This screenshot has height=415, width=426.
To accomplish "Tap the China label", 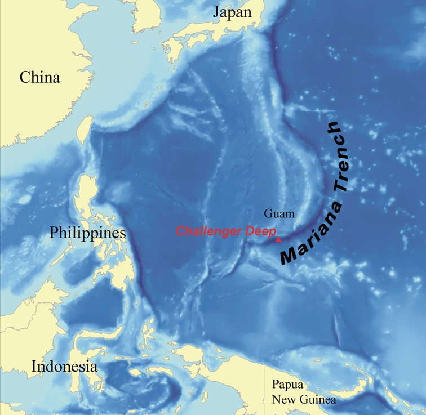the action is pyautogui.click(x=40, y=77).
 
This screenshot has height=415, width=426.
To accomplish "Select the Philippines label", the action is pyautogui.click(x=87, y=232).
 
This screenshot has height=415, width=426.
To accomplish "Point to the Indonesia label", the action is pyautogui.click(x=64, y=366).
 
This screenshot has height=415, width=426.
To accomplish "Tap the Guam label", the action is pyautogui.click(x=279, y=213).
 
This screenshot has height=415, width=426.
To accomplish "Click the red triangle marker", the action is pyautogui.click(x=278, y=239).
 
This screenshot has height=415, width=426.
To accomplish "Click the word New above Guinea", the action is pyautogui.click(x=283, y=400).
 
